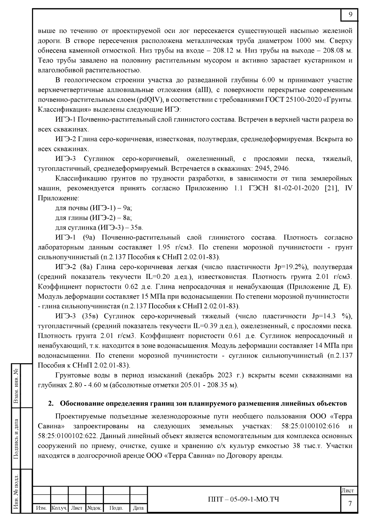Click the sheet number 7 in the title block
[350, 504]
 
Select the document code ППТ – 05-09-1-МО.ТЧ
[244, 499]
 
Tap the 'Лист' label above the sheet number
[348, 491]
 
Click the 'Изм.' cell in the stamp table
[41, 508]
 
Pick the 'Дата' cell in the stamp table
[138, 508]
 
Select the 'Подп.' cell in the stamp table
[116, 508]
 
